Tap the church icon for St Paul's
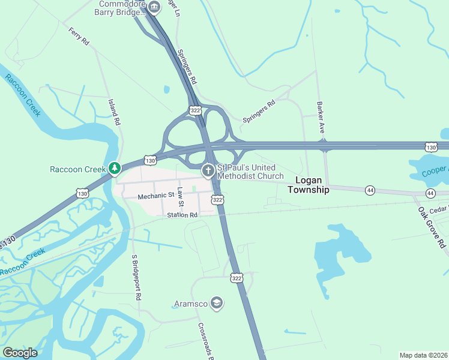tap(208, 171)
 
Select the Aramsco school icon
tap(217, 304)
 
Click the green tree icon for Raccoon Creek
tap(114, 169)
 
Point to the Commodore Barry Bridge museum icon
tap(154, 7)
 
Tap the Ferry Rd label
tap(79, 36)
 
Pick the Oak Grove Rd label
tap(431, 227)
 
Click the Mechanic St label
tap(155, 196)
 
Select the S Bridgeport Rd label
tap(136, 277)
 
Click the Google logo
tap(20, 353)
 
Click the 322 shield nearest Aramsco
tap(236, 278)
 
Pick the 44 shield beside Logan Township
tap(370, 190)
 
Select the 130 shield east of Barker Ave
tap(430, 146)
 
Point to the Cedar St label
tap(439, 209)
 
